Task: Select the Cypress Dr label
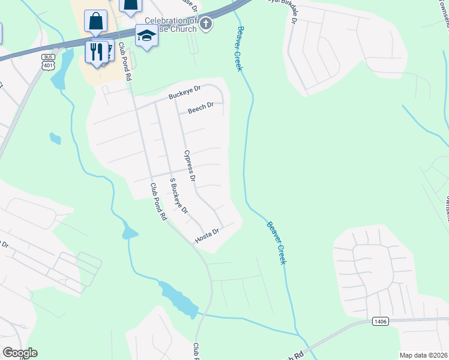point(190,166)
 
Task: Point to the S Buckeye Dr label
point(178,196)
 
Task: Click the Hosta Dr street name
point(208,236)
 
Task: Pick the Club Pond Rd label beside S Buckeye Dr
point(158,202)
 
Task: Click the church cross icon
point(206,25)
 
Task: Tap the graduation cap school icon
point(145,36)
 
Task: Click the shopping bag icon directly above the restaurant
point(95,21)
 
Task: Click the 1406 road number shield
point(379,322)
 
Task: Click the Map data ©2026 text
point(423,355)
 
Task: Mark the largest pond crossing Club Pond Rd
point(179,300)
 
